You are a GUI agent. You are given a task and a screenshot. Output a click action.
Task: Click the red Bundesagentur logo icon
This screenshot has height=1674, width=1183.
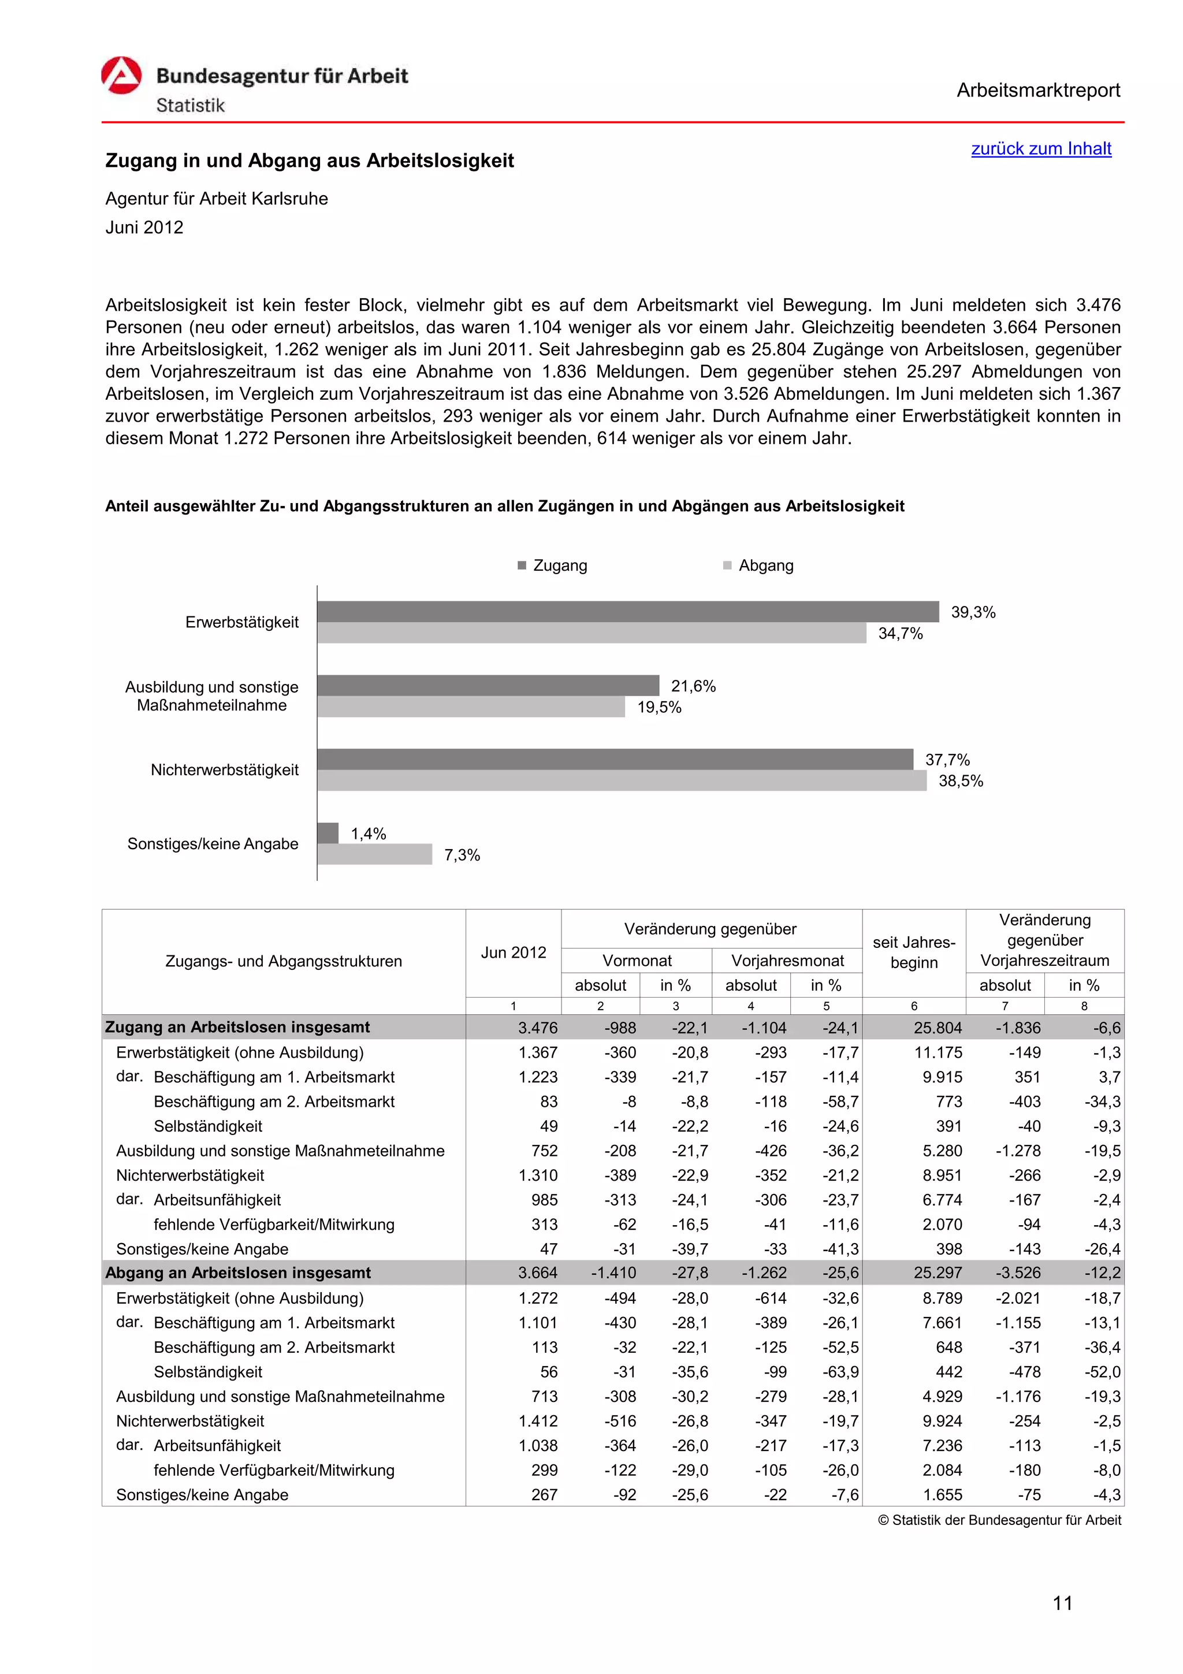[x=121, y=76]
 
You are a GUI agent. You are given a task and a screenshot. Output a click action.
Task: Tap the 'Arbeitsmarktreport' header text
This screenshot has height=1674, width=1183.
[x=1037, y=91]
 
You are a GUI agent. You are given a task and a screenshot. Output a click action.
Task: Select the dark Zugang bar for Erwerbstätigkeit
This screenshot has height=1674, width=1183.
[x=627, y=611]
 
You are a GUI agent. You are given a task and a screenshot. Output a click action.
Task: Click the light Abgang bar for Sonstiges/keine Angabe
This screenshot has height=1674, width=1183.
[x=375, y=854]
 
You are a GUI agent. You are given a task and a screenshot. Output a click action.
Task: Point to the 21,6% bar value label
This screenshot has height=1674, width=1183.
[x=693, y=686]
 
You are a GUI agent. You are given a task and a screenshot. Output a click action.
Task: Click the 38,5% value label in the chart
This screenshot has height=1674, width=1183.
[x=960, y=781]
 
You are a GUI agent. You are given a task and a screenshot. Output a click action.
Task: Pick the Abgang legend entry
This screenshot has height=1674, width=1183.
[x=765, y=566]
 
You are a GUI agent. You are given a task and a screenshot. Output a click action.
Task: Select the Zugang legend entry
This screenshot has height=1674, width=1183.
[x=559, y=566]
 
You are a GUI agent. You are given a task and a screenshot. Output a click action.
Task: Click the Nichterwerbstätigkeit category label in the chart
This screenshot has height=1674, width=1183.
[x=225, y=770]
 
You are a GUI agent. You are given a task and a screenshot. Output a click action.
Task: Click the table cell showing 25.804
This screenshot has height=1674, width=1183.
[x=938, y=1028]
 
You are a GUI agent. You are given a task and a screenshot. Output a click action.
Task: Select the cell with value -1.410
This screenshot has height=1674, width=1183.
[x=613, y=1273]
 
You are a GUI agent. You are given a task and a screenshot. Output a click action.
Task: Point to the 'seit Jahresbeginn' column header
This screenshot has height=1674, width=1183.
[x=913, y=952]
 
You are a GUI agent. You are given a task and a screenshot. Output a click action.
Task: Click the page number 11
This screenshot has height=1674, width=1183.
[x=1062, y=1604]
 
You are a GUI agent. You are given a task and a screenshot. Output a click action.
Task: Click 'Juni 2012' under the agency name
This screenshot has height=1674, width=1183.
[x=144, y=228]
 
